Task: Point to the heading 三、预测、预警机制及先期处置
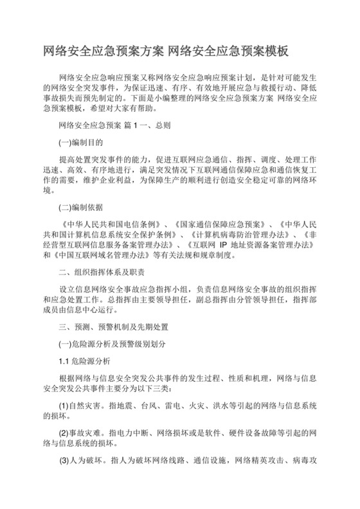[x=113, y=326]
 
